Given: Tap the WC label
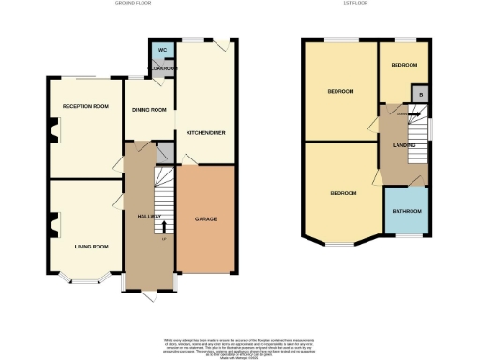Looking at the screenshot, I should [161, 50].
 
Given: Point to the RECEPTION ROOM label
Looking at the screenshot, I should [83, 107].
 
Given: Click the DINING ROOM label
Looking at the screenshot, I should [148, 110].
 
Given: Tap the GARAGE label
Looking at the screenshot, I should [205, 218].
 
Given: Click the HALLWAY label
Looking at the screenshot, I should [141, 217].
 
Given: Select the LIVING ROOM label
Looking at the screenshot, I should [92, 246].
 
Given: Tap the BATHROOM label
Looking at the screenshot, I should [407, 212].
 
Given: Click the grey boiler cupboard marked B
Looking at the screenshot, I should [420, 95].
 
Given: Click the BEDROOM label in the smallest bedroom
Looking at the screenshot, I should [404, 65].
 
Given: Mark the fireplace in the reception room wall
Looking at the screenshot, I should [52, 131].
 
